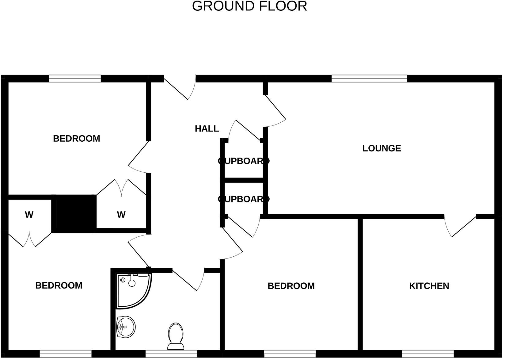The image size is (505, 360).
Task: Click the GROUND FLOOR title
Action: [249, 6]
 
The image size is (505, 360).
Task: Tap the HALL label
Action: [207, 129]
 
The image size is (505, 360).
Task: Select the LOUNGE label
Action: [382, 148]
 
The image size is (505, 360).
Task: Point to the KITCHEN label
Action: [429, 286]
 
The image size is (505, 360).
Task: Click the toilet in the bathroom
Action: [176, 336]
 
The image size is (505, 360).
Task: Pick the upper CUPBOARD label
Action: [244, 161]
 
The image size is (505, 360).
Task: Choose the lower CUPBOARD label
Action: [244, 199]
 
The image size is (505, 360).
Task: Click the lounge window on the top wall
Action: [369, 79]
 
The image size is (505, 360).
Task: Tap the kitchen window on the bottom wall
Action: [428, 354]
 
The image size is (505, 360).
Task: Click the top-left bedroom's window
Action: [75, 79]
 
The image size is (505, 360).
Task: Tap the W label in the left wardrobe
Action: [29, 215]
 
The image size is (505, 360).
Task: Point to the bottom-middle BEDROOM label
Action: [291, 286]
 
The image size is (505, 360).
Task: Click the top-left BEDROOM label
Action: [77, 139]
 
